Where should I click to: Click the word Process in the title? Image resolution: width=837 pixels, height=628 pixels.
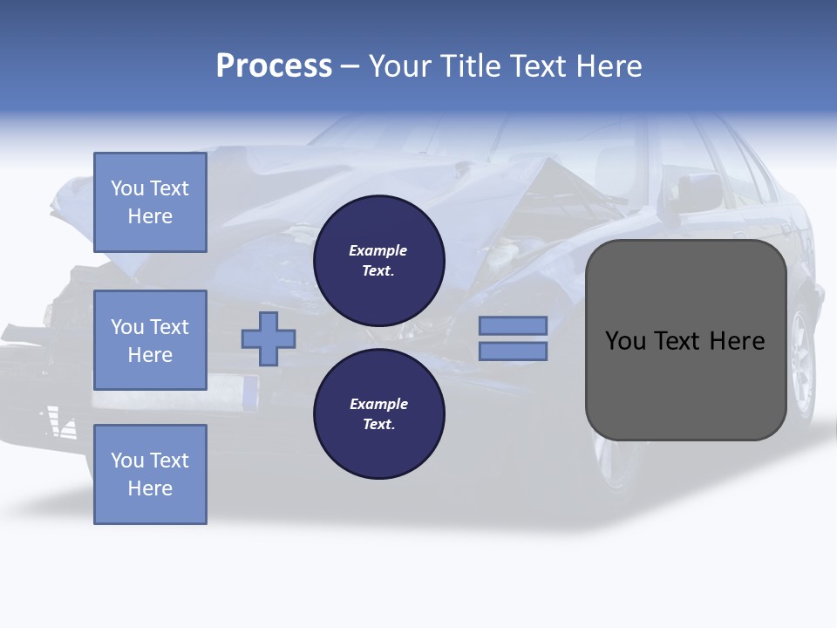[274, 66]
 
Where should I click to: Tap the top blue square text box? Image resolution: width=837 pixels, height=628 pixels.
[150, 202]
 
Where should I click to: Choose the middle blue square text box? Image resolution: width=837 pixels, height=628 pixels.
[150, 340]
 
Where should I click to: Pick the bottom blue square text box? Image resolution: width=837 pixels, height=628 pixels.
[150, 474]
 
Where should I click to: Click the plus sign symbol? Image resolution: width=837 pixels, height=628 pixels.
[269, 338]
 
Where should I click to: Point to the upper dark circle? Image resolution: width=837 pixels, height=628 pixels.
[379, 261]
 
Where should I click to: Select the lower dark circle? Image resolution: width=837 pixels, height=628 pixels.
[379, 414]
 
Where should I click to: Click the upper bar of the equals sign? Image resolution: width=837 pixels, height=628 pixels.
[514, 325]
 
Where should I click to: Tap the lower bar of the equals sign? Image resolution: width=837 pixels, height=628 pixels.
[514, 352]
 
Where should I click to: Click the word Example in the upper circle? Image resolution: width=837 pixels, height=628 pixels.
[378, 250]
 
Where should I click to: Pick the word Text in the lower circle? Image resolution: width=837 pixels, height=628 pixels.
[378, 425]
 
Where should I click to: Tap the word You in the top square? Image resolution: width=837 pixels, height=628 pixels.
[127, 188]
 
